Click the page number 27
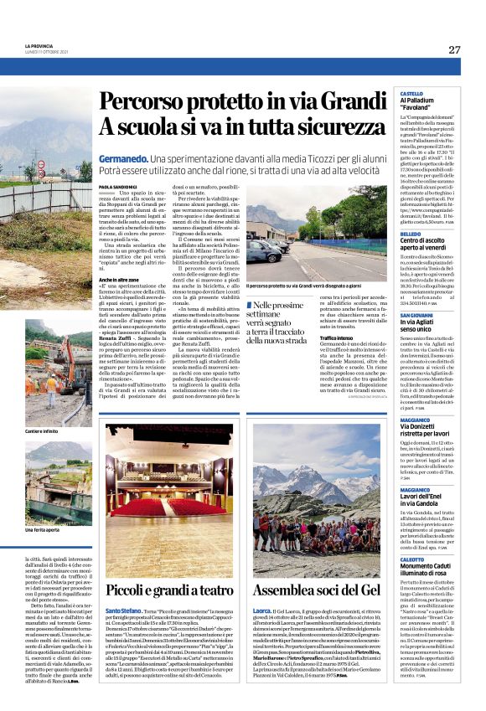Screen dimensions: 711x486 [x=454, y=49]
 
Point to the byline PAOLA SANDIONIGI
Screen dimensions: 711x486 [x=116, y=188]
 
